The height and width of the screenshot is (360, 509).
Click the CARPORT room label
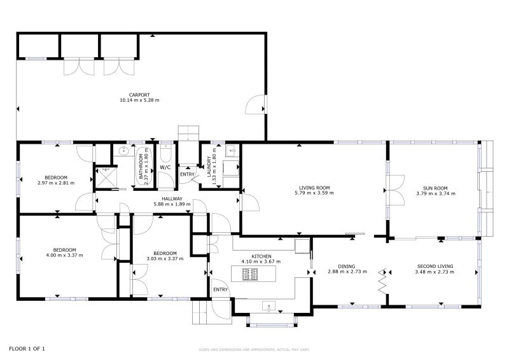(x=139, y=95)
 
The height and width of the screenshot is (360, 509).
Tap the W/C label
(x=165, y=167)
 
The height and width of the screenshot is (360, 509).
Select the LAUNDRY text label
(x=209, y=167)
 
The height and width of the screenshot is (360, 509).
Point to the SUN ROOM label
(x=435, y=188)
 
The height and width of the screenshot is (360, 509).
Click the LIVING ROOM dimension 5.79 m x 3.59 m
(x=314, y=193)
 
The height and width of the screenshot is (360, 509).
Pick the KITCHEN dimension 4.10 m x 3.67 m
(x=261, y=261)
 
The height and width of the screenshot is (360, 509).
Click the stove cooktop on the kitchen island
(x=250, y=274)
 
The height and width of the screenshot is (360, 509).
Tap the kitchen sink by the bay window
(x=268, y=306)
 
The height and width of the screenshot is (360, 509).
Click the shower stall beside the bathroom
(x=105, y=178)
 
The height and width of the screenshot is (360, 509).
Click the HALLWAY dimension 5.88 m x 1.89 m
(x=172, y=204)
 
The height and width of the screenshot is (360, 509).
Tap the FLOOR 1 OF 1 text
(x=27, y=349)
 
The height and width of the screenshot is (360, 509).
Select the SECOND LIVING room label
(x=435, y=267)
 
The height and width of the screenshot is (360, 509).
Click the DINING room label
(x=346, y=267)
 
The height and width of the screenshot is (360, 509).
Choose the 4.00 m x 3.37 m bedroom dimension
(x=65, y=255)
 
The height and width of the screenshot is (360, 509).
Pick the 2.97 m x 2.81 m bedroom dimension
(x=56, y=183)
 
